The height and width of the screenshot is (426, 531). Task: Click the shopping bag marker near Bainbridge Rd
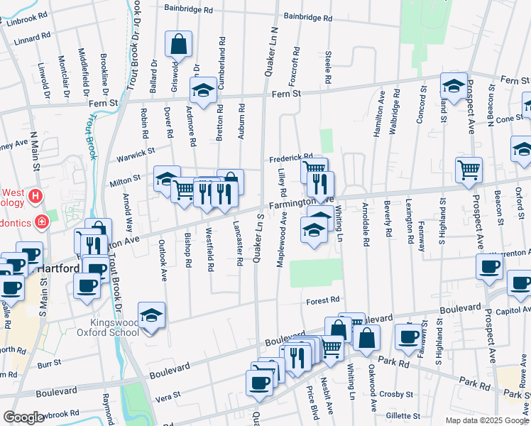[178, 44]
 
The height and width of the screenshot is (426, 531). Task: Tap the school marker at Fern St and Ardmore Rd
[203, 90]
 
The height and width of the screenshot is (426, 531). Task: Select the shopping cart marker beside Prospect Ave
[469, 169]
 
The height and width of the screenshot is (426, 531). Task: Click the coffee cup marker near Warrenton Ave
[489, 267]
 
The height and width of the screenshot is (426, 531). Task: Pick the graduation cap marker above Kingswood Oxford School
[151, 315]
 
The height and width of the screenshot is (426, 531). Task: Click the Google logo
[23, 417]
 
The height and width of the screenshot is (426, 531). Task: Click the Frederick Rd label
[290, 158]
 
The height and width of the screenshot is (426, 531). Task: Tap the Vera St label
[163, 398]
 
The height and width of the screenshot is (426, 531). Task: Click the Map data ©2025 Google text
[486, 420]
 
